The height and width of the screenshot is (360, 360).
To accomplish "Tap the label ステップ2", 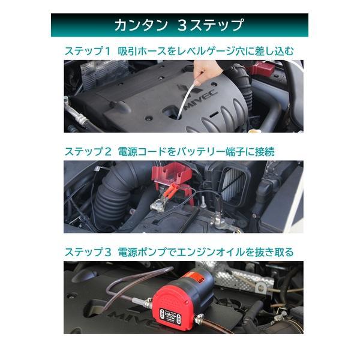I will [x=88, y=152].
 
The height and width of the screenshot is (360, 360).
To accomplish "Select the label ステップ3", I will [x=88, y=252].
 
